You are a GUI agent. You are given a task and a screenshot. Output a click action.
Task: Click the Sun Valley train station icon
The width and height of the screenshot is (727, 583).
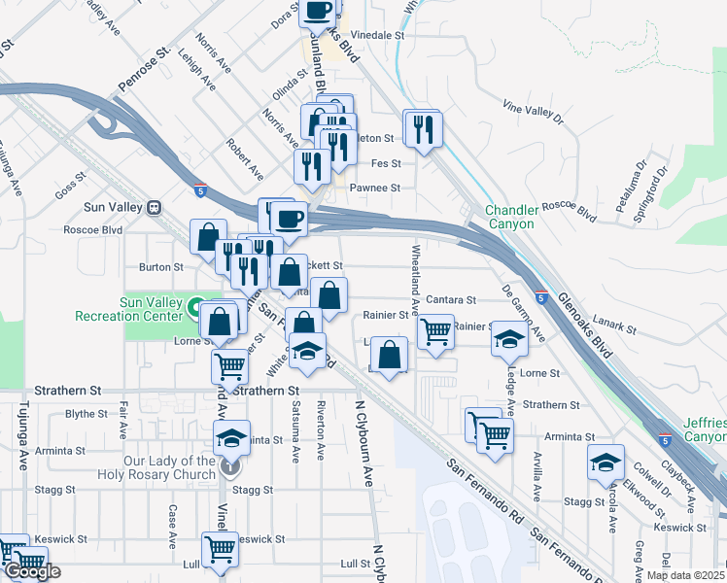pyautogui.click(x=153, y=207)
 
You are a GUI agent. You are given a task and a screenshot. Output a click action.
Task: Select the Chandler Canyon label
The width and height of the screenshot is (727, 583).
pyautogui.click(x=510, y=217)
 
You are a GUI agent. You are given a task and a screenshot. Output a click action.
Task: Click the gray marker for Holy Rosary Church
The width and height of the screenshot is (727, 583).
pyautogui.click(x=228, y=467)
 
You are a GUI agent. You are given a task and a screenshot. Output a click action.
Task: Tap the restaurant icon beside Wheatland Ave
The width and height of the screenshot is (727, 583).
pyautogui.click(x=423, y=128)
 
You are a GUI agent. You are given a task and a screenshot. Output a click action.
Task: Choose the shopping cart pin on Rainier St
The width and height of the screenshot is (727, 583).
pyautogui.click(x=435, y=331)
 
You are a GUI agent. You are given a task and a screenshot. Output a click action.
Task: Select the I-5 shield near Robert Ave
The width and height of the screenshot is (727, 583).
pyautogui.click(x=199, y=189)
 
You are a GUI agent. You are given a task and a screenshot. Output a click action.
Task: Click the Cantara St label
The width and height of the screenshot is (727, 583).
pyautogui.click(x=449, y=301)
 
